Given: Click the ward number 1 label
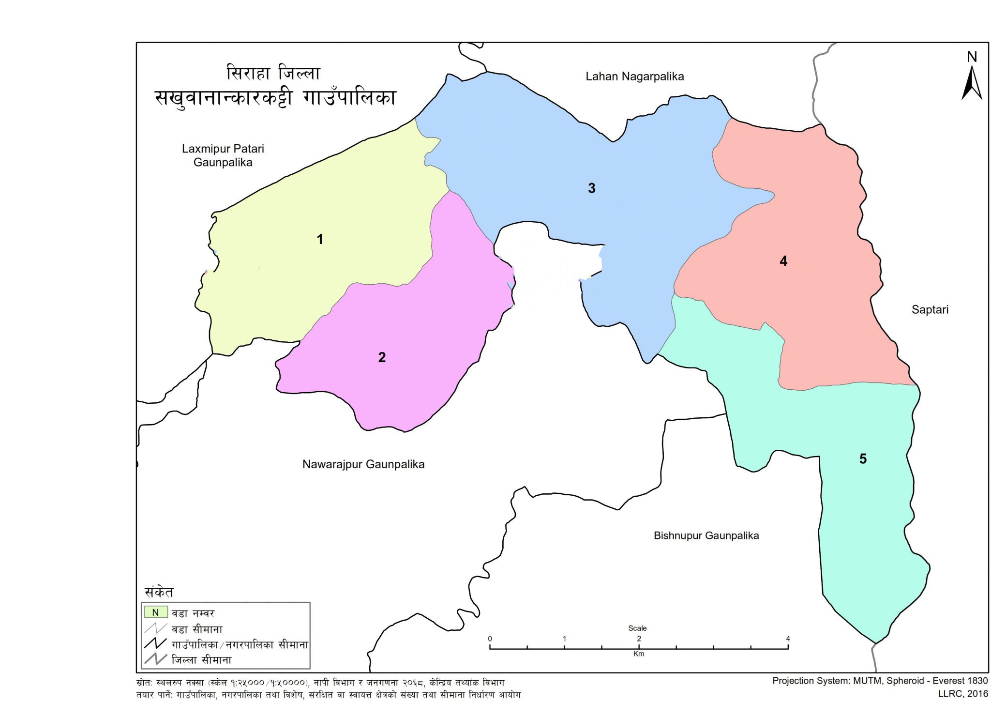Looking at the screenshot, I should (319, 239).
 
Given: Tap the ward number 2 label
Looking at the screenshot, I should (382, 357).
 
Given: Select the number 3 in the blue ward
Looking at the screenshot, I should (591, 188).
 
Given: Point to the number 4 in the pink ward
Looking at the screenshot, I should (783, 261).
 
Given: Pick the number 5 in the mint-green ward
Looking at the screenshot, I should (863, 458).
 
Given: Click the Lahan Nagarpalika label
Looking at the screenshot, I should (634, 76).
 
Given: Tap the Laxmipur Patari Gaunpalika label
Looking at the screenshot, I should (223, 155).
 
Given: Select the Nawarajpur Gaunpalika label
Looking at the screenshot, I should (363, 464).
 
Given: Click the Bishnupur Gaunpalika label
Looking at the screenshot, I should (706, 535).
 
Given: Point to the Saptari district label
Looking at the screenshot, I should (930, 309).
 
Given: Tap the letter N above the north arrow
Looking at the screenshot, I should (972, 57).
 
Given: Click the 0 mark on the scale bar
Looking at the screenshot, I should (490, 639).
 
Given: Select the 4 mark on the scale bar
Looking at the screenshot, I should (788, 639).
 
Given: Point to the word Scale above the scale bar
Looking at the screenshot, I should (637, 628).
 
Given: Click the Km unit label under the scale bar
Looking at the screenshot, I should (638, 654).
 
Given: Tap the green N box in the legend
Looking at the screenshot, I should (155, 612).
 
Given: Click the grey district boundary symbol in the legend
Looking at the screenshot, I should (155, 659).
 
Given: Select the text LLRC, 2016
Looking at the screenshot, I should (962, 694).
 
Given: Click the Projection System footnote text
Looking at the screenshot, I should (880, 681).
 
